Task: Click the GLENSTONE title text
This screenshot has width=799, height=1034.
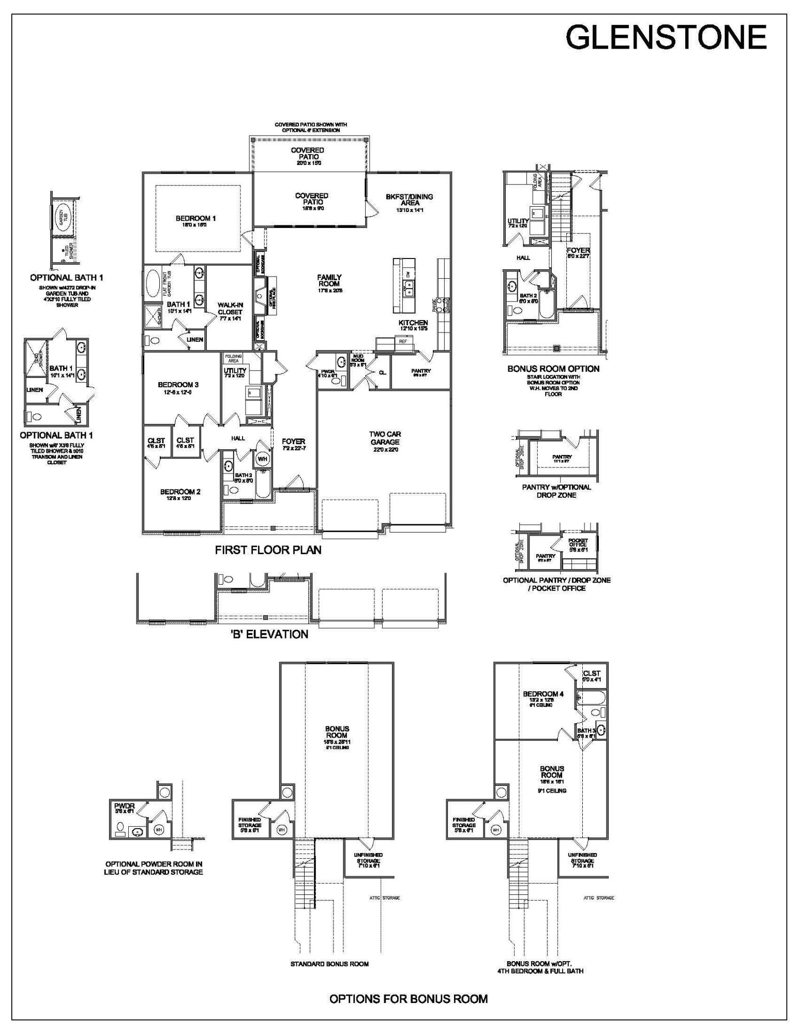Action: (x=666, y=37)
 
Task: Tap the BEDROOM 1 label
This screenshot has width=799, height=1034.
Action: (x=195, y=219)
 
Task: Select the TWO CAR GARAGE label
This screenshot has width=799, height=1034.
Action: (x=385, y=438)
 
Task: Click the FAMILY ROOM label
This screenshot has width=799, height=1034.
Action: (x=329, y=281)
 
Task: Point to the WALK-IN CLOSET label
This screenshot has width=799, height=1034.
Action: (x=230, y=309)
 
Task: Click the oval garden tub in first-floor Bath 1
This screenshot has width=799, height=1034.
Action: (x=153, y=284)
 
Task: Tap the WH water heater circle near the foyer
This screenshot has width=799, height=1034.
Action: (x=262, y=459)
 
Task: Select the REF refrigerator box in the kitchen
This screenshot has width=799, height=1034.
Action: (x=402, y=341)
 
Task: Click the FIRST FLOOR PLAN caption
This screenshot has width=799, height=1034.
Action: (x=268, y=550)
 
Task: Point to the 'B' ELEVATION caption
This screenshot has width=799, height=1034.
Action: (x=269, y=634)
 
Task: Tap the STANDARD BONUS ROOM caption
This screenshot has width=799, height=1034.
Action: (x=329, y=964)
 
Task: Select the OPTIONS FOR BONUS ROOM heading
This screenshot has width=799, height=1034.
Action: (x=409, y=999)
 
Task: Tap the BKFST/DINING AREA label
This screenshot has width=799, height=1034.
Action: (x=409, y=200)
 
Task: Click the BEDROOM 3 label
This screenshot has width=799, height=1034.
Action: (x=178, y=385)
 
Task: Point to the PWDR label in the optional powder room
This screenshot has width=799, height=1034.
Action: (x=124, y=805)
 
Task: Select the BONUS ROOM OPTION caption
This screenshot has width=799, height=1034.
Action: (x=553, y=369)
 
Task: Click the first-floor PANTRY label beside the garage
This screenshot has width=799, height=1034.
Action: (x=420, y=371)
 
